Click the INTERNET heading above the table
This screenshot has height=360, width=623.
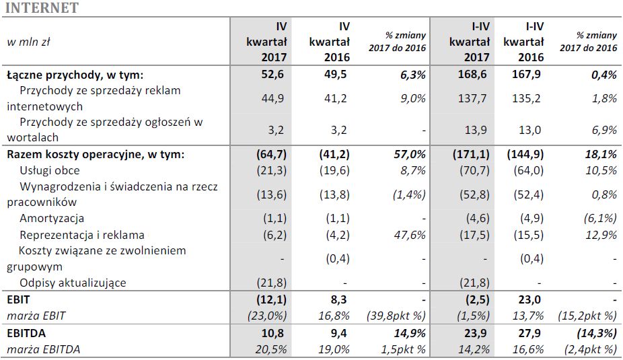(x=41, y=9)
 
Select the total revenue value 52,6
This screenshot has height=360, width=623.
(x=274, y=75)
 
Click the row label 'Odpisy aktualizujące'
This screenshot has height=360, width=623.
(x=73, y=283)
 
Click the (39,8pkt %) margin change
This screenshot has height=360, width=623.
(x=395, y=316)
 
